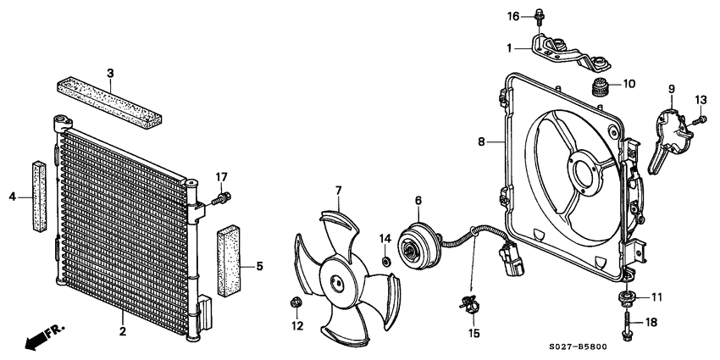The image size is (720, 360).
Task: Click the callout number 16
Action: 513,17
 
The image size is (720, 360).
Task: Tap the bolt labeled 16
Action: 538,19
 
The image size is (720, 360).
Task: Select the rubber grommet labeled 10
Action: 599,87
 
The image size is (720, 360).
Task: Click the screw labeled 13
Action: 699,121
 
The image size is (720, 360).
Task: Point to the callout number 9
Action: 672,89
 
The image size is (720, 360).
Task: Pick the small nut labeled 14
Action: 386,263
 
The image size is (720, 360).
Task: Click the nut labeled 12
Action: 296,302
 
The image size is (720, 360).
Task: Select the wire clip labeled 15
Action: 468,305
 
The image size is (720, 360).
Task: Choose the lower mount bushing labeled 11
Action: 627,297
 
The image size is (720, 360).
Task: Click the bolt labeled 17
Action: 221,199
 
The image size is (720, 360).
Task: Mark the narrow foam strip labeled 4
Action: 40,196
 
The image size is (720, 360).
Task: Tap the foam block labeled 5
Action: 229,260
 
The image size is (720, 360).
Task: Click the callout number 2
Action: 123,330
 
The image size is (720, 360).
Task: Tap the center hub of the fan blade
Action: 336,280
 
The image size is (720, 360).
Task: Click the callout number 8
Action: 481,141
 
